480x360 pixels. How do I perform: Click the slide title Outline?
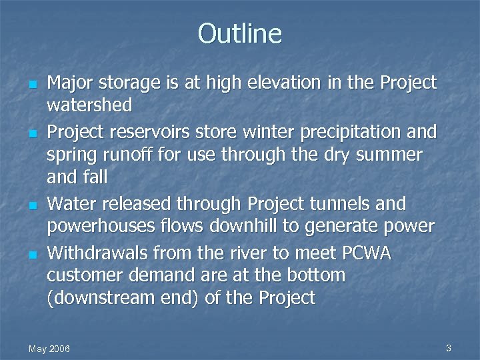pos(240,33)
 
